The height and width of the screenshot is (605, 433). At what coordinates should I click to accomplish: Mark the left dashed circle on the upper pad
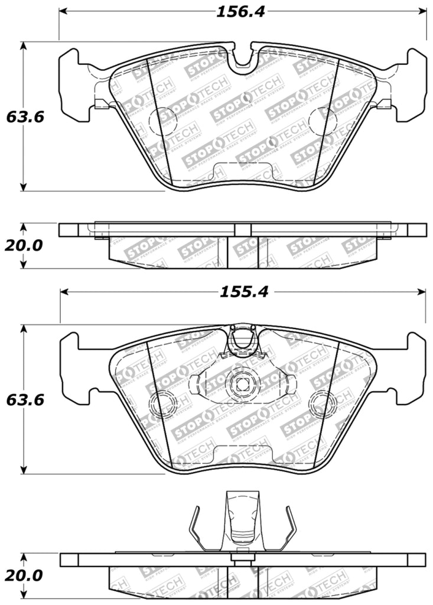click(163, 121)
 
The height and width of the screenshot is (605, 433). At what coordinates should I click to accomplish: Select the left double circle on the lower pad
click(163, 404)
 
